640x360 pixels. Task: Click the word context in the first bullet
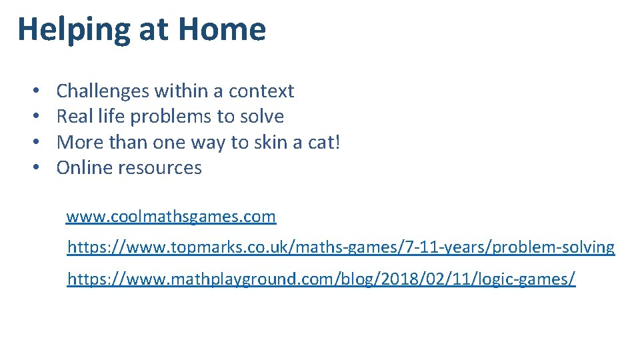tap(262, 91)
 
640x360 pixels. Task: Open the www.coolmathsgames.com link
tap(171, 217)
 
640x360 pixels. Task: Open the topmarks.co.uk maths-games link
tap(341, 247)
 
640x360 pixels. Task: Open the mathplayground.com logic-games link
tap(321, 279)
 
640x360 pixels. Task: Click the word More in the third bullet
tap(77, 142)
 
